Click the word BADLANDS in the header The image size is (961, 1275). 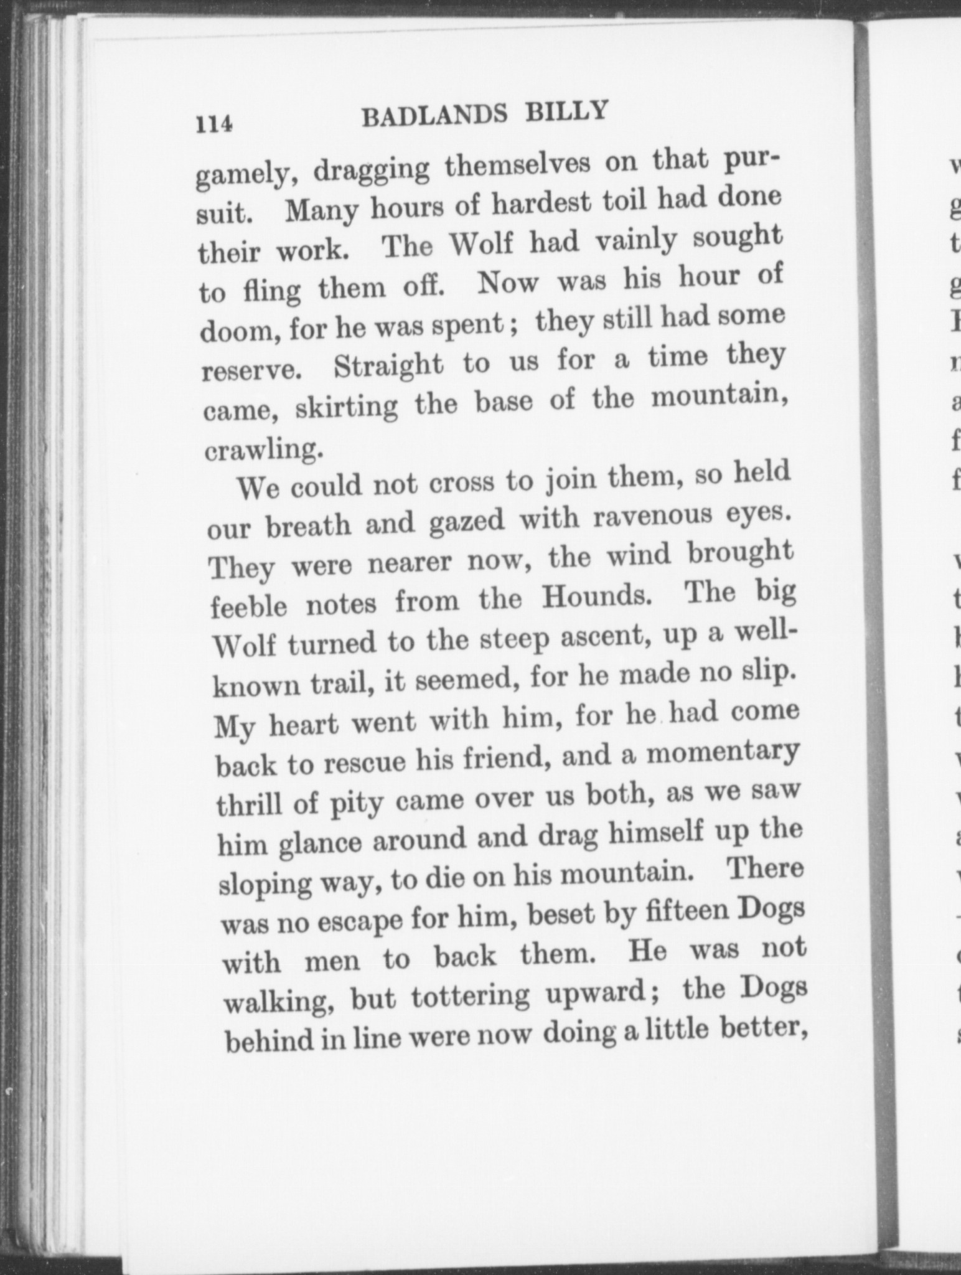[434, 116]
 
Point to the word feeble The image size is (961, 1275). [248, 606]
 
